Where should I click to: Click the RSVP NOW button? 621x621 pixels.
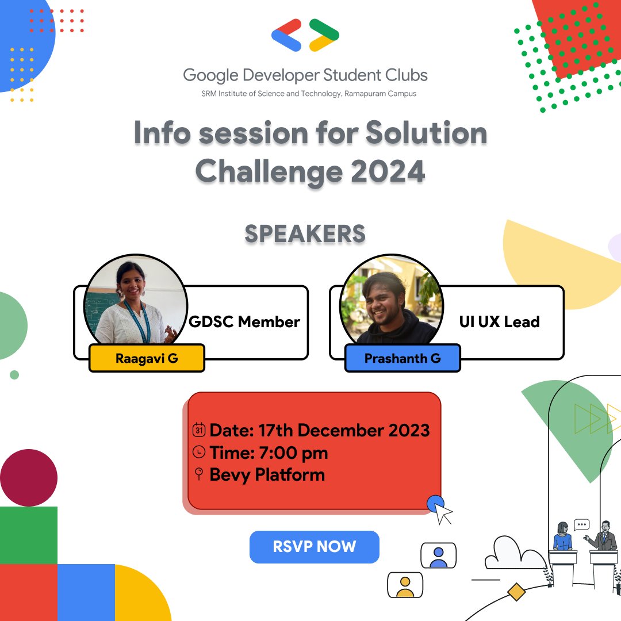(315, 547)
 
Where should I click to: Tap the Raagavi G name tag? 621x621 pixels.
(147, 358)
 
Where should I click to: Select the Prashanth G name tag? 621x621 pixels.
(402, 358)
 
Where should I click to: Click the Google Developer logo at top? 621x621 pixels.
(305, 35)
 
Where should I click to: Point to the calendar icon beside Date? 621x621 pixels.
(198, 430)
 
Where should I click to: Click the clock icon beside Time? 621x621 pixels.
(198, 453)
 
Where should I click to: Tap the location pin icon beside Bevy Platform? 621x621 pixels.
(199, 474)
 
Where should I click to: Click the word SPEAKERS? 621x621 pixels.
(305, 234)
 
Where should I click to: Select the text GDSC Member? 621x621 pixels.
(244, 322)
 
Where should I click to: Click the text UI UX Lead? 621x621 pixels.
(499, 322)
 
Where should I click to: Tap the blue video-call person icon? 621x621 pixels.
(438, 555)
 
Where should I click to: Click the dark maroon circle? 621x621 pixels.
(29, 478)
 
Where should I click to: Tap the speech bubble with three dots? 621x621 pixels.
(582, 524)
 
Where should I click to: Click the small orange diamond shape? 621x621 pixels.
(516, 592)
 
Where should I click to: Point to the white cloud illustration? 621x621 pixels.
(513, 553)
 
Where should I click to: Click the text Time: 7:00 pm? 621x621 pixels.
(269, 453)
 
